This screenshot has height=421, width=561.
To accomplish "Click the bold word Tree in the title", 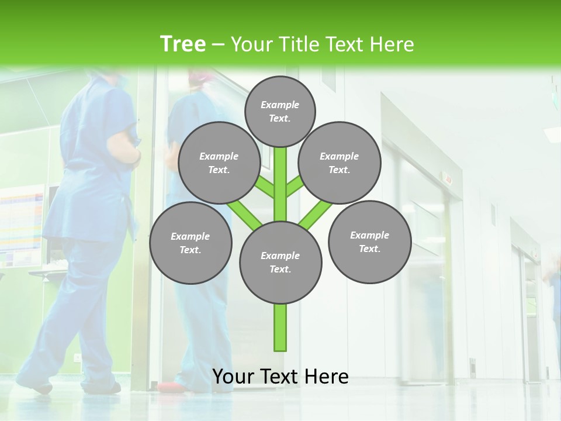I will click(183, 44).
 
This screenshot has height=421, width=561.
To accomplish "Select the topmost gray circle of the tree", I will click(280, 111).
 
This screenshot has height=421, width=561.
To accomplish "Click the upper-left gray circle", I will click(219, 163).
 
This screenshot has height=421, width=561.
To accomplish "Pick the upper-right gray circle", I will click(340, 163).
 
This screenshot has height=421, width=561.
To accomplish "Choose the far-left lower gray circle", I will click(191, 243).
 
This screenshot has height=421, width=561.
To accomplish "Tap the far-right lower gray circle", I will click(369, 241).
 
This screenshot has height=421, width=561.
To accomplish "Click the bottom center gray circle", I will click(280, 263).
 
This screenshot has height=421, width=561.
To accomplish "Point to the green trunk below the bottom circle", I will click(280, 327).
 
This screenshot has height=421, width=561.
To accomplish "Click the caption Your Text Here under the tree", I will click(280, 377).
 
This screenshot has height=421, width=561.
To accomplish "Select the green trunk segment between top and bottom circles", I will click(280, 184).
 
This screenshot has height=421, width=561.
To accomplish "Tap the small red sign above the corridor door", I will click(448, 178).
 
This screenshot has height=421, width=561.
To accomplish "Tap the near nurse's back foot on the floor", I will click(39, 386).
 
